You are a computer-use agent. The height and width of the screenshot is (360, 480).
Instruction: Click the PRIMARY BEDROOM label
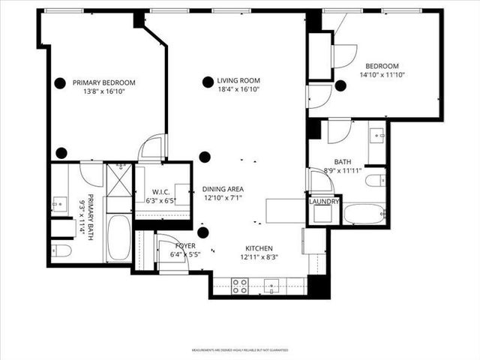point(109,82)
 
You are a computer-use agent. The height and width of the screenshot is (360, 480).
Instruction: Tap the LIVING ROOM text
point(238,81)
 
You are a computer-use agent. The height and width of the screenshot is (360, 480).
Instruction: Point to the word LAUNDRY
point(324,201)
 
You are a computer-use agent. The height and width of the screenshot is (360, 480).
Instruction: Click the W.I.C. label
point(160,192)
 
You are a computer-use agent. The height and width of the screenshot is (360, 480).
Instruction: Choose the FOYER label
point(185,245)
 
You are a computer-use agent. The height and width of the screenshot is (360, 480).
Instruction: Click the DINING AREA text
point(223,190)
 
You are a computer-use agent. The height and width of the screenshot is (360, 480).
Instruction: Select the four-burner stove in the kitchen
point(240,285)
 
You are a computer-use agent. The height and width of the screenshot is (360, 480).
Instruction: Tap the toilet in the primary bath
point(61,250)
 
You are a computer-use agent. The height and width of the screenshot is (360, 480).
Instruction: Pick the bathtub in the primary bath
point(118,237)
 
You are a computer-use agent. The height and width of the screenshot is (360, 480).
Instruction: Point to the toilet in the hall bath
point(374,180)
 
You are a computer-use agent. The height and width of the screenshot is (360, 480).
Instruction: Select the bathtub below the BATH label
point(364,213)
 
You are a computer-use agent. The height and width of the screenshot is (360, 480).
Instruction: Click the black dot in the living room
point(207,82)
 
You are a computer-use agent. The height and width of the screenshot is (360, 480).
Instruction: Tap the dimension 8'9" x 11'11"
point(343,170)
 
